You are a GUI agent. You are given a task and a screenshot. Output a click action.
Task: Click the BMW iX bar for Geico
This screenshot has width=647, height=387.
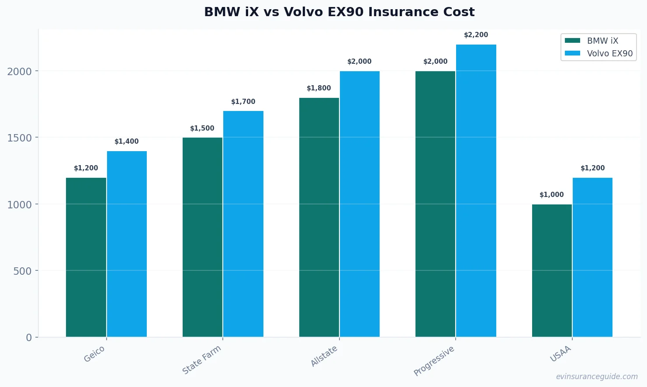tap(86, 257)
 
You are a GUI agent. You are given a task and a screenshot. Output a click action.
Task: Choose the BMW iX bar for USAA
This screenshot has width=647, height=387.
tap(552, 270)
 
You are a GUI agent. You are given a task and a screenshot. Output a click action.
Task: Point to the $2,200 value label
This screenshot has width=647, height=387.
tap(476, 35)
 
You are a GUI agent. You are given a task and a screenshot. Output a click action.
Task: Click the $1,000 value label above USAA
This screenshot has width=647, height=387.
tap(551, 195)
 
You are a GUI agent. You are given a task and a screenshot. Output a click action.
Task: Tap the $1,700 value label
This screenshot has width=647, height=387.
tap(243, 102)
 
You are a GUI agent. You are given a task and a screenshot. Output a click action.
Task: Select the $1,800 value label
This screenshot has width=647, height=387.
tap(318, 88)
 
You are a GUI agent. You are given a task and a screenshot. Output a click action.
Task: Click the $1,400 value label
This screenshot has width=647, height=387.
tap(126, 142)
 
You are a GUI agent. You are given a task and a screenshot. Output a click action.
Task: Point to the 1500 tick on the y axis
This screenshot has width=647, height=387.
tap(19, 138)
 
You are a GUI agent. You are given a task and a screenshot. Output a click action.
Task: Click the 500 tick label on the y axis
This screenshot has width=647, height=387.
tap(22, 271)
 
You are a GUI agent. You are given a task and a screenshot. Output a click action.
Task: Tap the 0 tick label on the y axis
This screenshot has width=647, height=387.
tap(29, 338)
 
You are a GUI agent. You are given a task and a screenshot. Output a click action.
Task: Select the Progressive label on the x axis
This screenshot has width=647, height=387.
tap(434, 361)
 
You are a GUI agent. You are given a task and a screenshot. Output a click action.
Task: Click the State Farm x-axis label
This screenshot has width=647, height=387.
tap(201, 360)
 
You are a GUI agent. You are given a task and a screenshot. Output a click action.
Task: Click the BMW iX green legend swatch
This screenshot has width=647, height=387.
tap(572, 41)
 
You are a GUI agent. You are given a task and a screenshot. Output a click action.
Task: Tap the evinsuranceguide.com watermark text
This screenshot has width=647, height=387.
tap(597, 377)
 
